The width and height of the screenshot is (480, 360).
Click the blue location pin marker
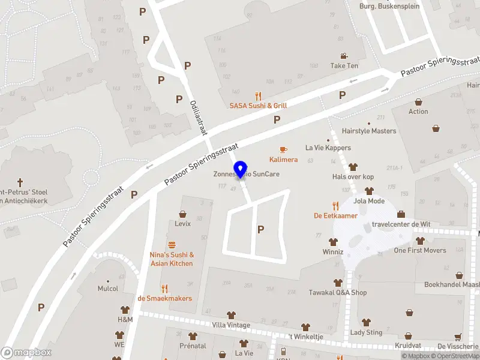pos(241,169)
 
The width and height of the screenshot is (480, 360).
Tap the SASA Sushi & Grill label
pos(258,106)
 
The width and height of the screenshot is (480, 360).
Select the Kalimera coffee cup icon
pos(283,149)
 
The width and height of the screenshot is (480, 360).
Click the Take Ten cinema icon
pos(344,55)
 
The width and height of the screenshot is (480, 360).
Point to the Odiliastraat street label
pos(198,116)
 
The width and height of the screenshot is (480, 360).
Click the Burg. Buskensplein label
pos(389,6)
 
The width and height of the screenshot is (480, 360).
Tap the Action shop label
pos(418,112)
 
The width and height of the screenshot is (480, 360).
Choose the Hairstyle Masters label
pos(368,131)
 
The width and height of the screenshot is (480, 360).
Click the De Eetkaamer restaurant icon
pos(335,205)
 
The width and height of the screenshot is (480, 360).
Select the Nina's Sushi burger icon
pos(172,245)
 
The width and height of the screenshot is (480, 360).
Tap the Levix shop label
pos(182,224)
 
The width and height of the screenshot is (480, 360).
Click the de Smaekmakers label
pos(164,298)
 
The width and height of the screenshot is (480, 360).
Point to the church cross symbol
pos(20,182)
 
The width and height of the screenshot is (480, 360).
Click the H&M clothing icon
pos(125,310)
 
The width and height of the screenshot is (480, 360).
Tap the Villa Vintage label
pos(230,325)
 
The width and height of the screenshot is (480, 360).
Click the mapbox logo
pos(26,353)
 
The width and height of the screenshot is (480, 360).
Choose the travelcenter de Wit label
pos(401,224)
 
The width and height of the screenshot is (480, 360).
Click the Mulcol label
pos(108,289)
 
